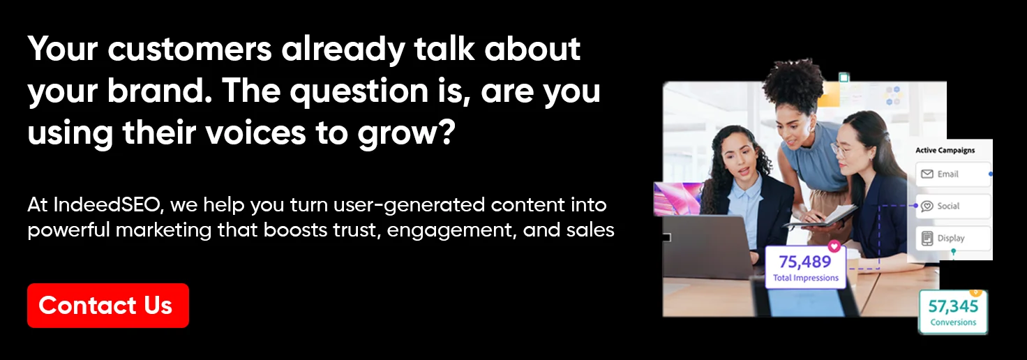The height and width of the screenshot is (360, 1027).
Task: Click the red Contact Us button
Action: tap(107, 306)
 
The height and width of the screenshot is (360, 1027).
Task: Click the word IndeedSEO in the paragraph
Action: tap(108, 205)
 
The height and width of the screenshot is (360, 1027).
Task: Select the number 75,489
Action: tap(804, 262)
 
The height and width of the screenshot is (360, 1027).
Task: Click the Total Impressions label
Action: tap(806, 278)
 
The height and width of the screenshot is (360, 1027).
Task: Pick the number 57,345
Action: tap(953, 306)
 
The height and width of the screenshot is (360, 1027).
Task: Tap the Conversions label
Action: tap(953, 322)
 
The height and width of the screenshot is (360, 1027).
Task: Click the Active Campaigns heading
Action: tap(945, 151)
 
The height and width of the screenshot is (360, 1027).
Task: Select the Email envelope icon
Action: tap(927, 174)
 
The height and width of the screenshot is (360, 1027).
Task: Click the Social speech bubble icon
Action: tap(927, 207)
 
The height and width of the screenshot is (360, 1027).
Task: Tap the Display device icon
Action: tap(927, 239)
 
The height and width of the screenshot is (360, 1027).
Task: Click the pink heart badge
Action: tap(834, 246)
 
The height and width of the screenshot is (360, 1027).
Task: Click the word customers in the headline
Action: tap(190, 49)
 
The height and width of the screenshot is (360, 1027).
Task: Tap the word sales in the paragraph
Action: tap(590, 230)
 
